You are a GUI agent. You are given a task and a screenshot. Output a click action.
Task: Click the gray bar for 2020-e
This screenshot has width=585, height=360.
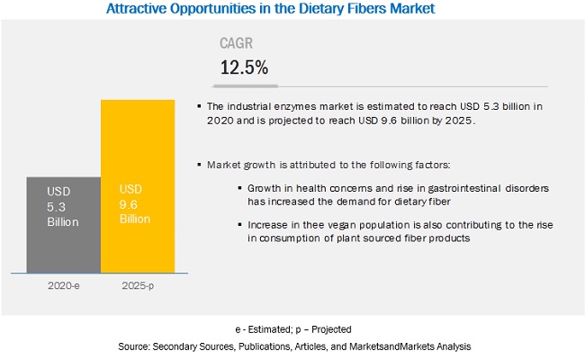(62, 225)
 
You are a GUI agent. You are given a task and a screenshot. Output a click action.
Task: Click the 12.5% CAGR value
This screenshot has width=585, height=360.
(245, 67)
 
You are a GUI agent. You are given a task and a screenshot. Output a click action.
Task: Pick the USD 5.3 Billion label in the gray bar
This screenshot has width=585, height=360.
(62, 206)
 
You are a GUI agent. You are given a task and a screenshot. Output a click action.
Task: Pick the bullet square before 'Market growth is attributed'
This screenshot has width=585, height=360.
(200, 166)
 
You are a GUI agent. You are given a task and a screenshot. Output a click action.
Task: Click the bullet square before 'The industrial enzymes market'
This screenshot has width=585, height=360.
(200, 107)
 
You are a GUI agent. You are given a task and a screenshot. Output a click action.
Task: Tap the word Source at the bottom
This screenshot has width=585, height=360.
(133, 346)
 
